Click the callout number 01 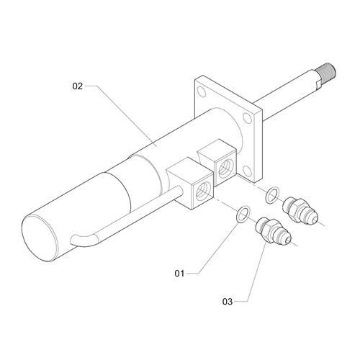(x=179, y=274)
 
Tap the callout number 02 (x=78, y=86)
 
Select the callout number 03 (x=228, y=302)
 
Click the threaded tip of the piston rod (x=326, y=71)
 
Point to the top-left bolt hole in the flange (x=201, y=91)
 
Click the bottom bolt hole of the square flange (x=247, y=170)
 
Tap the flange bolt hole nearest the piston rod (x=247, y=117)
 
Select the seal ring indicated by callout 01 (x=243, y=214)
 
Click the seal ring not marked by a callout (x=272, y=194)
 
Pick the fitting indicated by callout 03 (x=274, y=231)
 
